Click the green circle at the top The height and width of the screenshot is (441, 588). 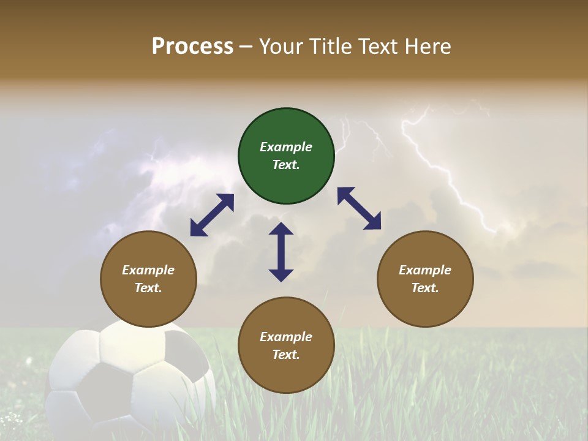[x=286, y=156]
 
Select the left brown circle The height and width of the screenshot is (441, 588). [x=148, y=279]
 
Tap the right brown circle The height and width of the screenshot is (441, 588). [x=425, y=279]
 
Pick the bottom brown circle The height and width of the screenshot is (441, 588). [x=286, y=345]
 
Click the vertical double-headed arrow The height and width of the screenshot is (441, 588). [x=281, y=252]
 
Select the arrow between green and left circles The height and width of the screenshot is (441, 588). [x=212, y=215]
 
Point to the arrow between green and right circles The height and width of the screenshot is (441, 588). [x=359, y=208]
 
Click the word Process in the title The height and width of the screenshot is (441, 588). [x=192, y=47]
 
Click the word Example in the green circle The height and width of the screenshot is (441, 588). [x=286, y=147]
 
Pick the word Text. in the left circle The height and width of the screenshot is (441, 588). [x=148, y=288]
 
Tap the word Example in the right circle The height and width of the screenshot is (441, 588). [x=425, y=270]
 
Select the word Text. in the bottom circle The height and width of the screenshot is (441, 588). [x=286, y=355]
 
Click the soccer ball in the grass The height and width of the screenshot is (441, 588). [x=132, y=380]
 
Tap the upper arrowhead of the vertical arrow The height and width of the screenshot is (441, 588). [x=281, y=230]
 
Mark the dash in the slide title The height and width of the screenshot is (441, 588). [x=246, y=47]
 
